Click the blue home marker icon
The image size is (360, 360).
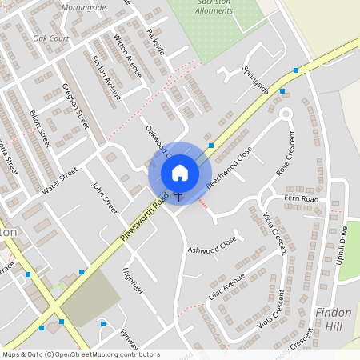(180, 172)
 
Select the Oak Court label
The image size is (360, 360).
(50, 38)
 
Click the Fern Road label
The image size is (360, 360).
(301, 198)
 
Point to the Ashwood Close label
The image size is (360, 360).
(212, 245)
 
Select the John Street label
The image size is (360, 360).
(104, 198)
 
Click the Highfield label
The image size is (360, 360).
(132, 281)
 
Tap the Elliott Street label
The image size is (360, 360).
(38, 129)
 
